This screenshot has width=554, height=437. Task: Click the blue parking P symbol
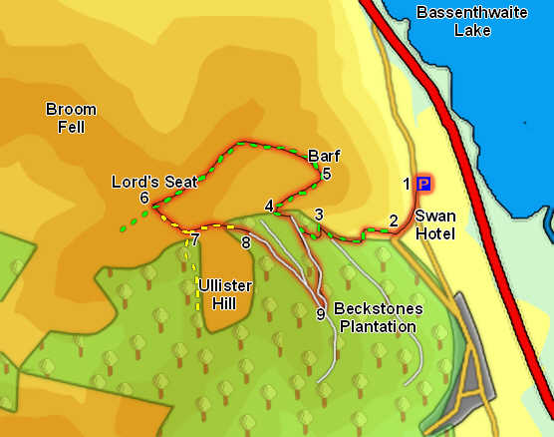click(423, 184)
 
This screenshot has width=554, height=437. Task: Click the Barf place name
click(325, 156)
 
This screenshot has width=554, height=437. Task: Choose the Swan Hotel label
click(434, 224)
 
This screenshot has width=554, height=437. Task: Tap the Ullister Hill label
click(225, 294)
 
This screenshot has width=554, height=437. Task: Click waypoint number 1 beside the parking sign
click(407, 184)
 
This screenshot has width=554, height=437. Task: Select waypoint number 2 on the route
click(394, 221)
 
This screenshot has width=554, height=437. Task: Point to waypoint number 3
click(318, 215)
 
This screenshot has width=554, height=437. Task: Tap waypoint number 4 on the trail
click(269, 207)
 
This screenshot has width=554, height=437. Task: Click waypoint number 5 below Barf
click(326, 174)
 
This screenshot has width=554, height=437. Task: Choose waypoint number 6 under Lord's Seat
click(144, 199)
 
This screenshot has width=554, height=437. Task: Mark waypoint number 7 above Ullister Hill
click(195, 239)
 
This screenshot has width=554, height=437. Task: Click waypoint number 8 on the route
click(246, 240)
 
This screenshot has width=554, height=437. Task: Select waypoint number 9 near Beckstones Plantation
click(320, 314)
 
